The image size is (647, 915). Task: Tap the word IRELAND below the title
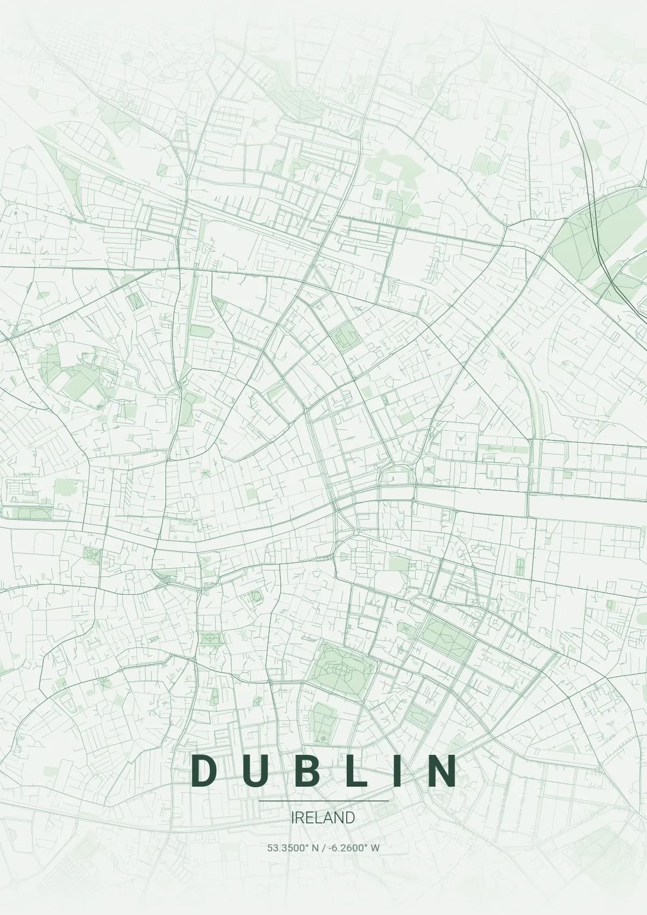[x=323, y=817]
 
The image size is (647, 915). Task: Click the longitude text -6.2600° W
[x=353, y=848]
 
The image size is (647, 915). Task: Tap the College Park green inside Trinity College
[x=400, y=565]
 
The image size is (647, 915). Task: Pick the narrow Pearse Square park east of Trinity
[x=520, y=566]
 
